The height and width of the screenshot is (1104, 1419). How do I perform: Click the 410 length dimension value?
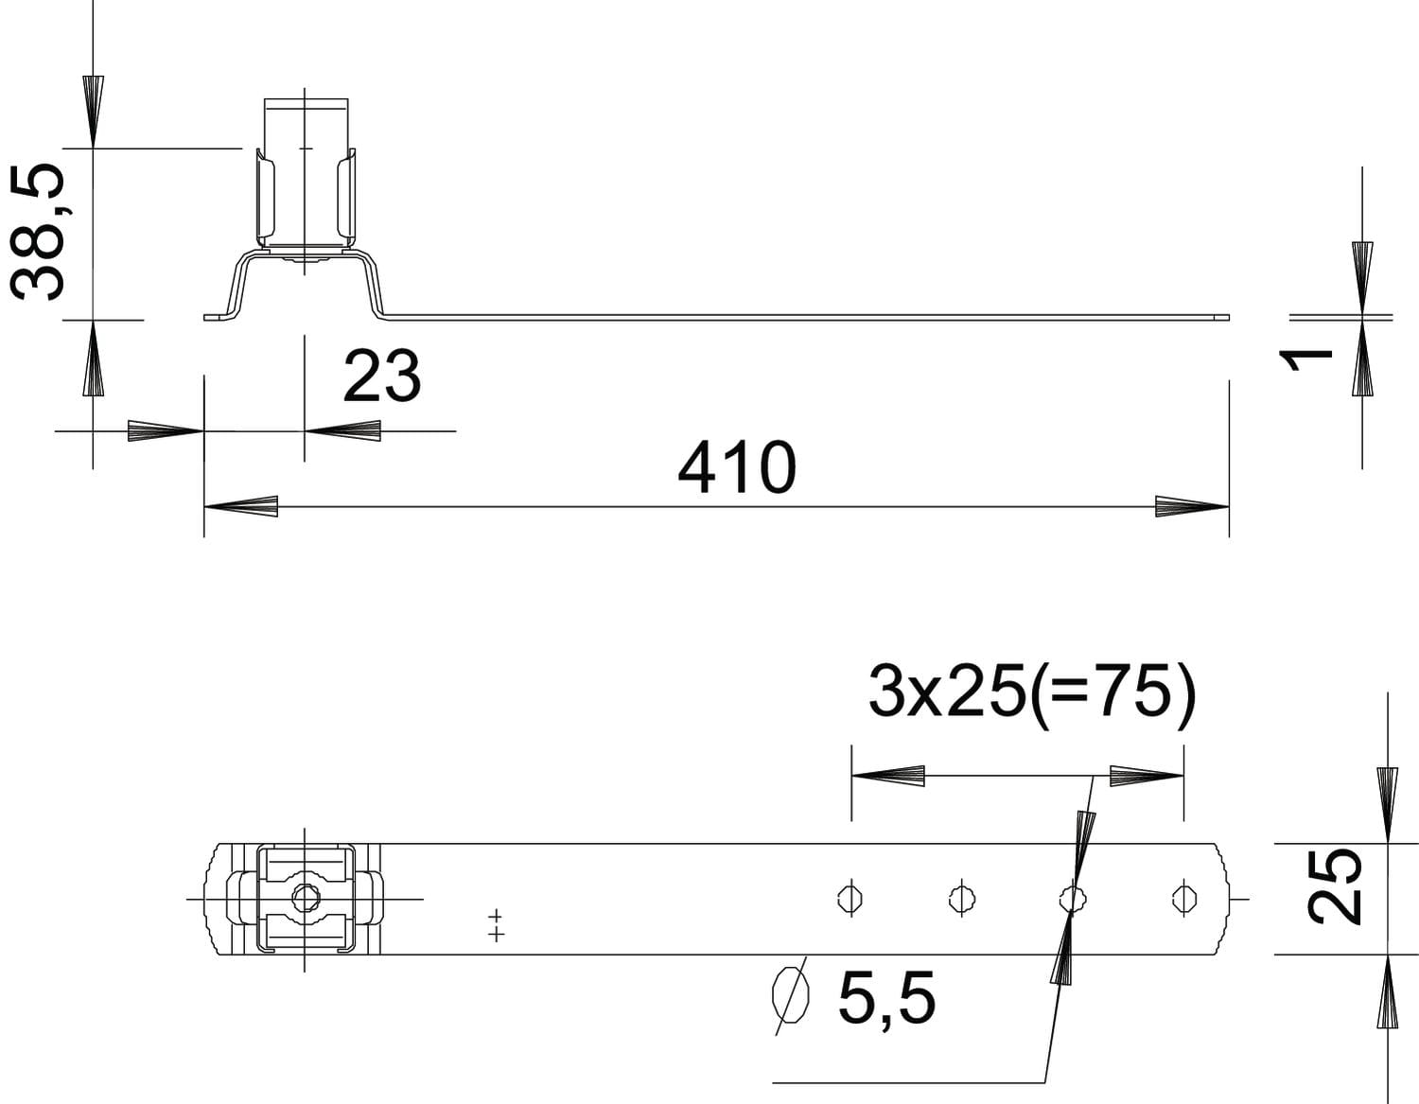(737, 467)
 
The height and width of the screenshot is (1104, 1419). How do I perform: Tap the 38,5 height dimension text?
(38, 232)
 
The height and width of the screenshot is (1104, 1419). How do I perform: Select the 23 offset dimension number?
(382, 376)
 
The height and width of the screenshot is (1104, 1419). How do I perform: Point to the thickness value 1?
(1305, 360)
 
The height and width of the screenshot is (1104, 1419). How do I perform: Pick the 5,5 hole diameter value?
(887, 1000)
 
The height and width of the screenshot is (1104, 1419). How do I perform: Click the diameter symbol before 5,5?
(791, 995)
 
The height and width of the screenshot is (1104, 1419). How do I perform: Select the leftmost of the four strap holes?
(850, 899)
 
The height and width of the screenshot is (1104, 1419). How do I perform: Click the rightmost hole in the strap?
(1183, 899)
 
